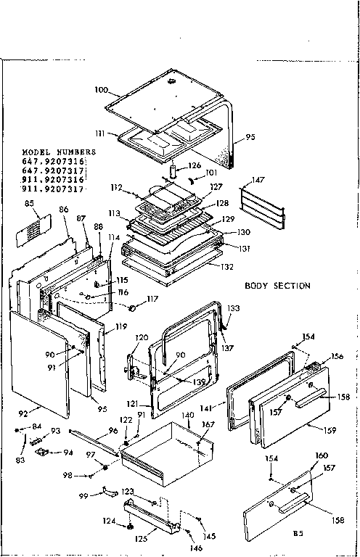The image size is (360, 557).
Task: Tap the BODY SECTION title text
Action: point(278,285)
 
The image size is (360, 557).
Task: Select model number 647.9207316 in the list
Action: point(54,160)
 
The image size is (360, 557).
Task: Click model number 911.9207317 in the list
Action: point(54,189)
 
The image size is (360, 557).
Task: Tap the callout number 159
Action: point(330,430)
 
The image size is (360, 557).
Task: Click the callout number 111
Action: point(102,133)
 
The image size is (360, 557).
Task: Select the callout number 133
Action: point(233,309)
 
